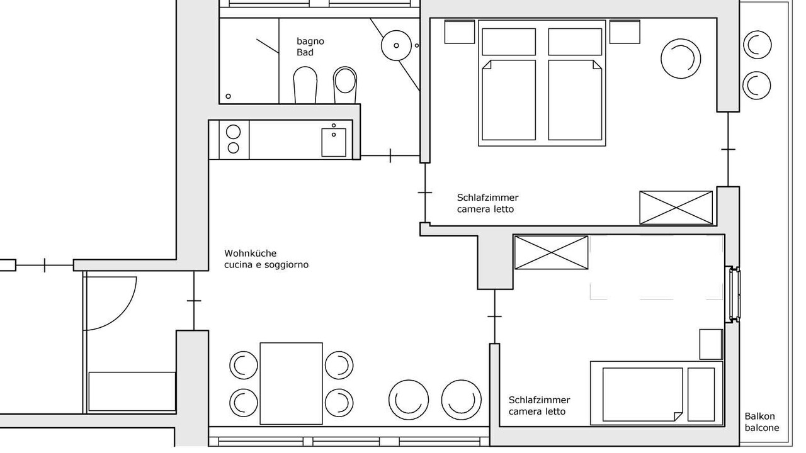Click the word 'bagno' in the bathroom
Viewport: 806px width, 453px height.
point(310,42)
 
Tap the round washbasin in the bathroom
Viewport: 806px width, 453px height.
point(396,45)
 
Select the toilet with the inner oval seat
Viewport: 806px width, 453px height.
point(344,85)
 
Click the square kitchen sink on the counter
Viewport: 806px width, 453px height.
point(334,142)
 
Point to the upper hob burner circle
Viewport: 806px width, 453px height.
point(233,132)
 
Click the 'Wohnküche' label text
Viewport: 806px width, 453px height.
point(251,253)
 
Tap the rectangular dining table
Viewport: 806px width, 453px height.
point(291,383)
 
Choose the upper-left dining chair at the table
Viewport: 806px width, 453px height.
point(244,366)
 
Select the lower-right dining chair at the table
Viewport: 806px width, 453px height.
point(339,402)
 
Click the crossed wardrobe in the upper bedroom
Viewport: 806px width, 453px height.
point(676,208)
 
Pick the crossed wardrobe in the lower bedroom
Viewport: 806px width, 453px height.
point(551,252)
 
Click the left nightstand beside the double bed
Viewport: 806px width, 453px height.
point(460,32)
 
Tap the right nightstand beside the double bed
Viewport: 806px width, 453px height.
point(625,32)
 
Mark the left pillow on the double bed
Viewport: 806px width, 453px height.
point(509,42)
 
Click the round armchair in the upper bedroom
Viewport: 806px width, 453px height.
point(681,59)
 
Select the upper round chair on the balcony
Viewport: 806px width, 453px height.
point(758,45)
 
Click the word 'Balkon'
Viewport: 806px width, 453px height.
point(759,417)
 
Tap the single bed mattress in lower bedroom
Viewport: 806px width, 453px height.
point(643,394)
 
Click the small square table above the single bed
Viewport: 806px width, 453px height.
point(711,344)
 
